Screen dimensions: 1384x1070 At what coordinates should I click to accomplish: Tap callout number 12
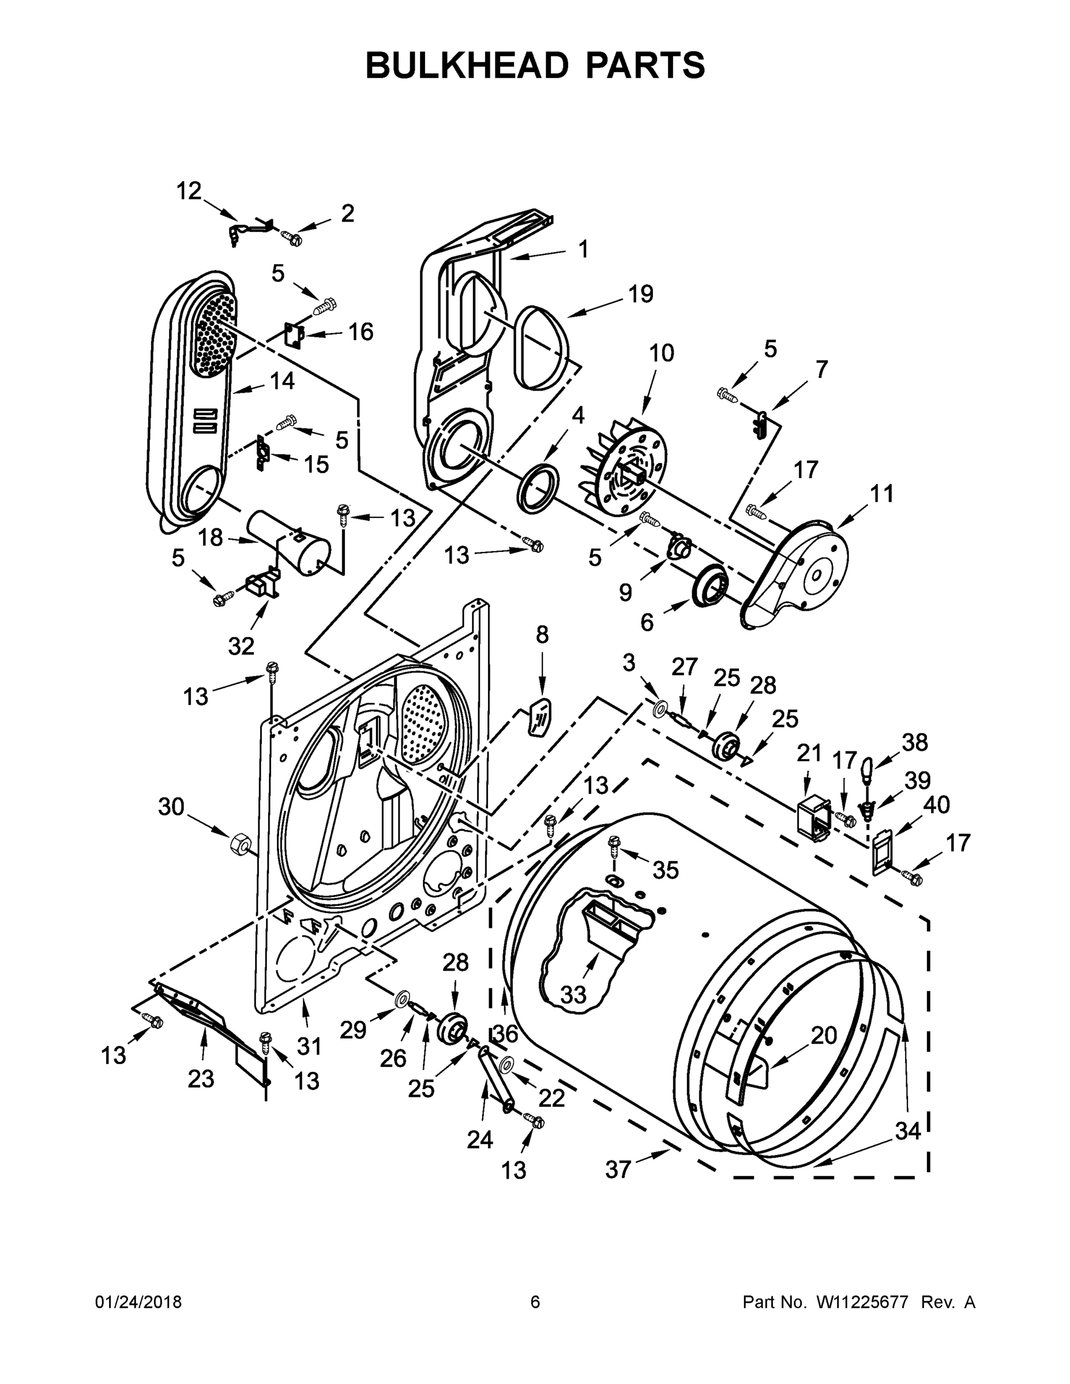(x=188, y=191)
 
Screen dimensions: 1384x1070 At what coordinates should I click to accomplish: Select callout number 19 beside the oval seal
(x=640, y=294)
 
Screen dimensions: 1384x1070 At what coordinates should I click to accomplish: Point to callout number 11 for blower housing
(x=881, y=493)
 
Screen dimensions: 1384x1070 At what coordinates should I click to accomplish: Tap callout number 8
(x=542, y=634)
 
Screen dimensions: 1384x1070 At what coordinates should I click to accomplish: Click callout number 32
(x=241, y=646)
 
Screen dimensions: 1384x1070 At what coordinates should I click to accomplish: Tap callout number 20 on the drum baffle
(x=824, y=1036)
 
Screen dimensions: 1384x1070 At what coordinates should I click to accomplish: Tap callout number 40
(x=936, y=805)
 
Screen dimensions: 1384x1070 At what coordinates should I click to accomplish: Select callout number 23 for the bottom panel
(x=201, y=1078)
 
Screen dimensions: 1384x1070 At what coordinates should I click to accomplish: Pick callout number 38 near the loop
(x=915, y=742)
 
